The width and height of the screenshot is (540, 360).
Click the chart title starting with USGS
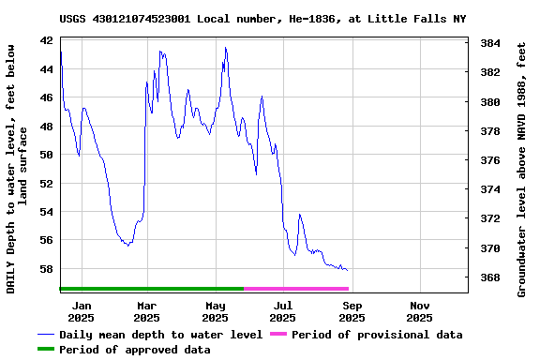point(262,19)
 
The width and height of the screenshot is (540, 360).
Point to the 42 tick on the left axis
point(46,41)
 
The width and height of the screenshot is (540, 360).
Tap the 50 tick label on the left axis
point(46,155)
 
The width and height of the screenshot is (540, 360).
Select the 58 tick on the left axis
point(46,269)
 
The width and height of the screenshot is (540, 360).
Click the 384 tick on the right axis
point(489,43)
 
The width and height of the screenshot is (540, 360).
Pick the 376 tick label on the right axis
point(489,160)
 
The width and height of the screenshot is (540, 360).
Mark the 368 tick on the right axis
point(489,277)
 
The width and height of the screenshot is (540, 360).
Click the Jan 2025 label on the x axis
point(82,311)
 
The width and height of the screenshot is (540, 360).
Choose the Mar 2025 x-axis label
point(147,311)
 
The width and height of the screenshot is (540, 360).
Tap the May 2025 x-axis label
point(216,311)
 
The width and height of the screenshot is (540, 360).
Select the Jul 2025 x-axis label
point(283,311)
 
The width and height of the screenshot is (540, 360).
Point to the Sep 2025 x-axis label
point(352,311)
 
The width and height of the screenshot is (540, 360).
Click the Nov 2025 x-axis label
point(420,311)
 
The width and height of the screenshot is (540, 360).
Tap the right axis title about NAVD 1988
point(521,167)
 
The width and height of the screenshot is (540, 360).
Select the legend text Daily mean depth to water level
point(160,335)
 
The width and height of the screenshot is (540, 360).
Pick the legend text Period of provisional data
point(377,335)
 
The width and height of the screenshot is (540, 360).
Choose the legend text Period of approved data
point(134,350)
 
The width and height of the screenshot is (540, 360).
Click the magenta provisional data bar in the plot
point(295,289)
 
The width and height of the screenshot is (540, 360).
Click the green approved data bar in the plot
point(150,289)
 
